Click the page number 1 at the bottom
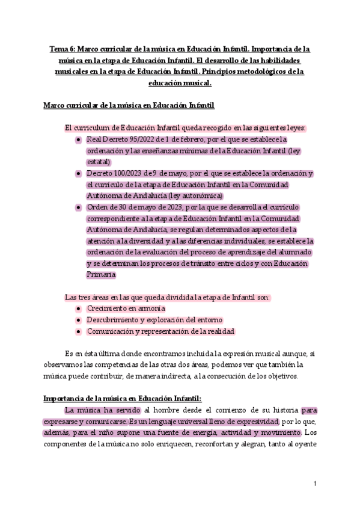coord(315,484)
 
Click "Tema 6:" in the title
coord(62,49)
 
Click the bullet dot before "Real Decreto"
coord(79,140)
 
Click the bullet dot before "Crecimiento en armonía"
coord(79,309)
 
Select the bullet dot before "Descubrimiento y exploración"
coord(79,320)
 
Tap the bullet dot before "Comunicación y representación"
coord(79,331)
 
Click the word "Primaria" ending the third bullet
coord(101,275)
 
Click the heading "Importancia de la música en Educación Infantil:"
coord(123,399)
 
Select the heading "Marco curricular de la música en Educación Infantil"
coord(129,106)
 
